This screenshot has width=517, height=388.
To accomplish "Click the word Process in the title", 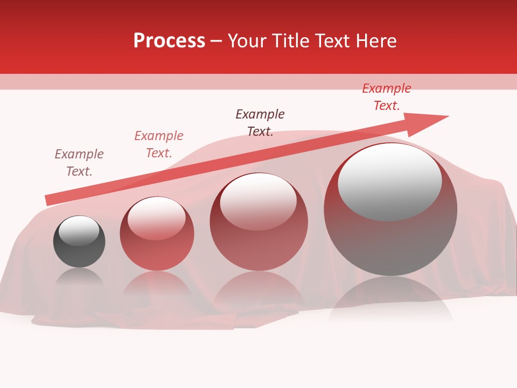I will (169, 41).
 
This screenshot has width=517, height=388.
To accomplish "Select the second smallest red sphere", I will (157, 234).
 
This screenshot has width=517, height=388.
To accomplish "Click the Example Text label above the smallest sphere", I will (79, 162).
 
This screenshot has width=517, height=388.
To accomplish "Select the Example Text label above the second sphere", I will (158, 144).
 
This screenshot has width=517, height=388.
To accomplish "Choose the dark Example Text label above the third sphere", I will (260, 122).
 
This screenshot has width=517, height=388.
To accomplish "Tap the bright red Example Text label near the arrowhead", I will (386, 96).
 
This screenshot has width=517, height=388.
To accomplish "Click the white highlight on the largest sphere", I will (389, 181).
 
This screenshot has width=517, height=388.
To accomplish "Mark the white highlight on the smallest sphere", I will (79, 231).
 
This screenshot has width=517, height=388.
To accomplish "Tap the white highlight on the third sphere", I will (258, 201).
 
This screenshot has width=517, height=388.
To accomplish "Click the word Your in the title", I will (247, 41).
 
